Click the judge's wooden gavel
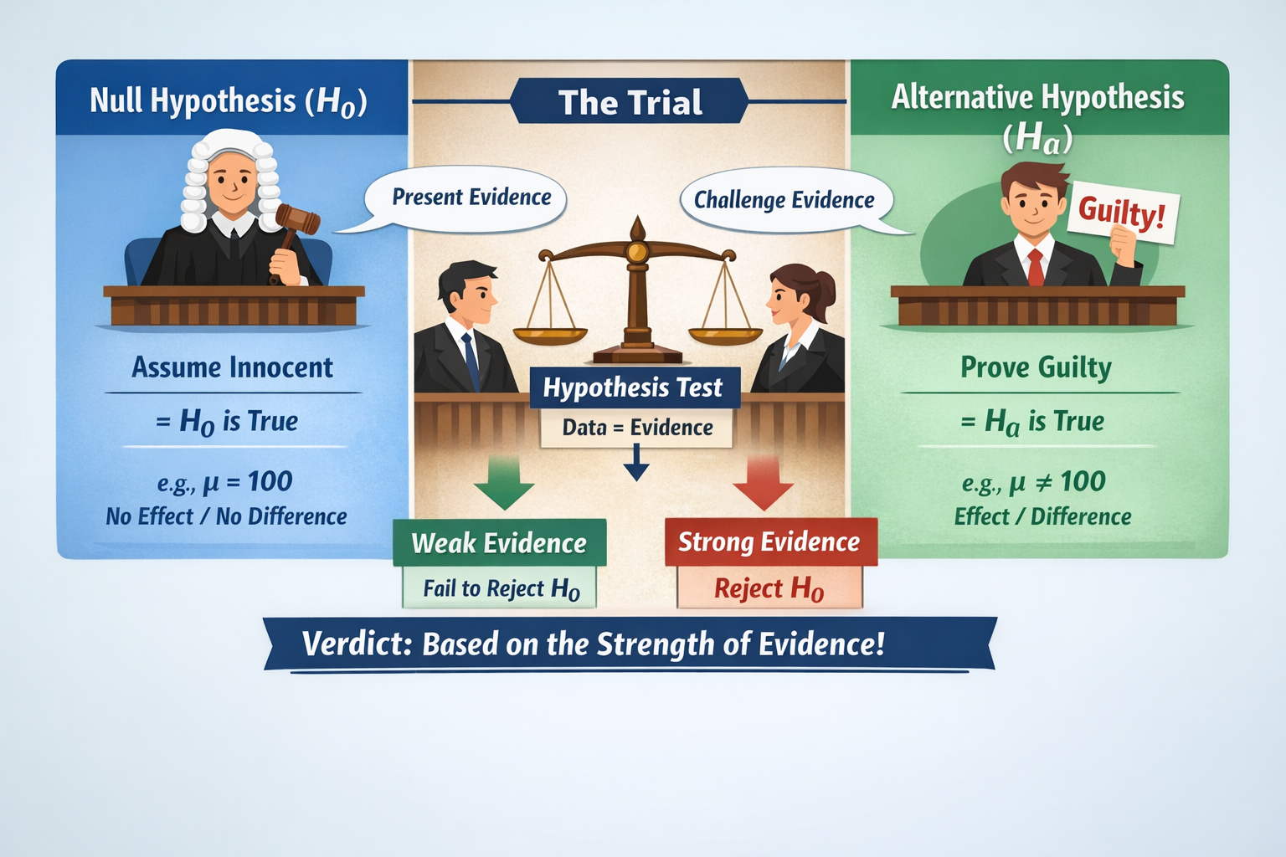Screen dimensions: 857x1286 tap(297, 218)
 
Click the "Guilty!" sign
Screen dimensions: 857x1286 tap(1122, 212)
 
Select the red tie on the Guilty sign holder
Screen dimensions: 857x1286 tap(1036, 266)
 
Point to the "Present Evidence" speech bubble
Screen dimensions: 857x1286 tap(471, 198)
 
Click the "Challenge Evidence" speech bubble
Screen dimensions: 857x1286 tap(784, 200)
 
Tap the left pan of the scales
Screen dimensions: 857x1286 tap(550, 335)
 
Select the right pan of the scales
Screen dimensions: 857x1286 tap(725, 335)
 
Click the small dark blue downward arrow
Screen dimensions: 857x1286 tap(636, 464)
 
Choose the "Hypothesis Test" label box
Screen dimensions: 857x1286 tap(634, 387)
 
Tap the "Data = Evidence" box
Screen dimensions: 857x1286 tap(637, 428)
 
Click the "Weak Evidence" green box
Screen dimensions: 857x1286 tap(500, 543)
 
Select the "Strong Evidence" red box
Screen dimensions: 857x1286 tap(769, 541)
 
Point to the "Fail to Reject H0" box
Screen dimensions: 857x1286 tap(501, 588)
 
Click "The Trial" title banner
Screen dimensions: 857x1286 tap(630, 102)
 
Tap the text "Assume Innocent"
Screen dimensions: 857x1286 tap(233, 367)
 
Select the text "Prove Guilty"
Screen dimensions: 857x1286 tap(1036, 367)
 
